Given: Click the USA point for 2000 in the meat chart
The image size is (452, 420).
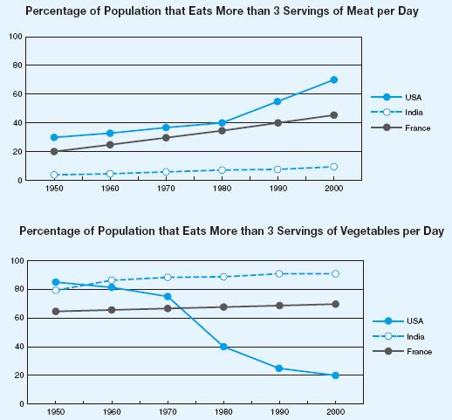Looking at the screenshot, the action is [x=334, y=79].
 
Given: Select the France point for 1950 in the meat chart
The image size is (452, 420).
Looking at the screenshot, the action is [x=54, y=151].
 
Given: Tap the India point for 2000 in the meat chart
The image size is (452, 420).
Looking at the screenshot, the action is [x=334, y=167].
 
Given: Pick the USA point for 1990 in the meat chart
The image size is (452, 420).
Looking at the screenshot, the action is [x=277, y=101].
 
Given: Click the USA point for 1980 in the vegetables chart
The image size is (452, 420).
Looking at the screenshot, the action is [x=223, y=347].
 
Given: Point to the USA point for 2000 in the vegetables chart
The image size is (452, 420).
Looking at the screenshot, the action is [x=335, y=375].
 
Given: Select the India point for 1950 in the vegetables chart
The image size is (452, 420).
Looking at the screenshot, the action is [x=56, y=290].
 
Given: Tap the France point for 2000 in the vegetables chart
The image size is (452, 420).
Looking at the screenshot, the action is [x=335, y=304].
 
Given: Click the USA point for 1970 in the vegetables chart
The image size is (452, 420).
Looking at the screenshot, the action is [x=168, y=297].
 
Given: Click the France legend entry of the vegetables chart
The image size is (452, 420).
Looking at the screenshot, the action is [x=402, y=351].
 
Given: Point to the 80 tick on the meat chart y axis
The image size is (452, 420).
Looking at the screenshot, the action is [x=17, y=65].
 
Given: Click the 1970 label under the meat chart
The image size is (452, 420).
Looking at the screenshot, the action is [x=166, y=189].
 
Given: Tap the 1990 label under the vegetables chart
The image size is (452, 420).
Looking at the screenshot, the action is [x=279, y=412].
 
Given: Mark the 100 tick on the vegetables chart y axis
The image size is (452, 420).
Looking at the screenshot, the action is [x=17, y=260].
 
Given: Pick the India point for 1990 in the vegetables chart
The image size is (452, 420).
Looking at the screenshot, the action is [x=279, y=274].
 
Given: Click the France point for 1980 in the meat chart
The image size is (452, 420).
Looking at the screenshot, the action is [x=222, y=131].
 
